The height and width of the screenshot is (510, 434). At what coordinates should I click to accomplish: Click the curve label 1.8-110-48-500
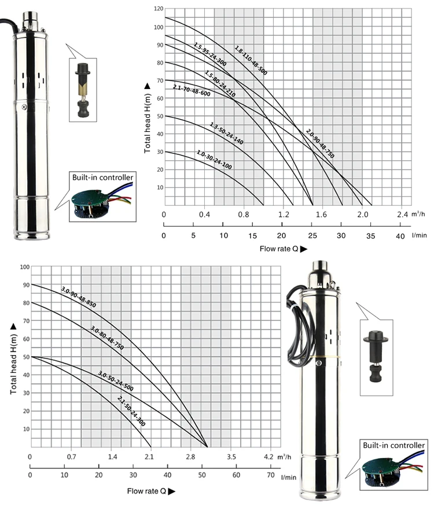click(x=251, y=61)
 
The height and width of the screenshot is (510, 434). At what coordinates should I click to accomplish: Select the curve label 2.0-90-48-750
click(x=320, y=143)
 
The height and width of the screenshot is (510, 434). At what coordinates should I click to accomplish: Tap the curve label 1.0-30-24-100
click(x=214, y=160)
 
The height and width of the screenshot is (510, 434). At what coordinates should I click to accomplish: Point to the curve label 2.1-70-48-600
click(x=192, y=90)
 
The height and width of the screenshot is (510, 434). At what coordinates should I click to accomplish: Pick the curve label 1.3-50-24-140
click(x=226, y=134)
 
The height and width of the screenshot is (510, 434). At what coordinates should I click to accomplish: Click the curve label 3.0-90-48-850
click(x=79, y=297)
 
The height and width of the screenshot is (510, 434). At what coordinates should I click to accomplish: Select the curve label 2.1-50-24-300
click(x=131, y=411)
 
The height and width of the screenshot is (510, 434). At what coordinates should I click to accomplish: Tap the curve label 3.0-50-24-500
click(x=116, y=381)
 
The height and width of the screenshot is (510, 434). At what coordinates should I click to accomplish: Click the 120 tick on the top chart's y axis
click(x=159, y=9)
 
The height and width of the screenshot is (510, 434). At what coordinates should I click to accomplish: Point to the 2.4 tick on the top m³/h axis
click(x=402, y=215)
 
